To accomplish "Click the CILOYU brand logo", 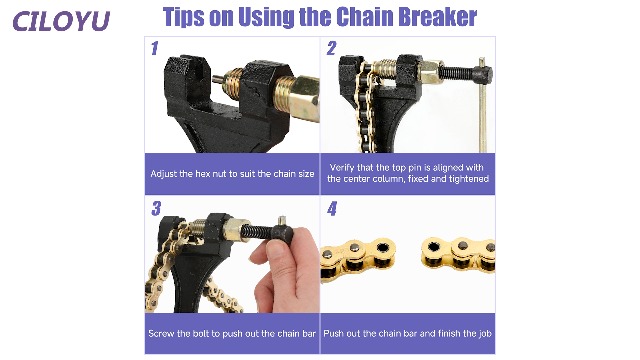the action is click(61, 21).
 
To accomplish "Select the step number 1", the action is click(154, 49).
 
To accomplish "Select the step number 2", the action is click(331, 48).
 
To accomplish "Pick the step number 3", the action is click(156, 209).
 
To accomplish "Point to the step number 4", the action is click(332, 209).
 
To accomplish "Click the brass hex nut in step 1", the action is click(304, 98).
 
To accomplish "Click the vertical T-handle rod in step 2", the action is click(482, 105).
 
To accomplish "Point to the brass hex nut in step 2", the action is click(431, 70).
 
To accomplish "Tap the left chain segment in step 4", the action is click(358, 258).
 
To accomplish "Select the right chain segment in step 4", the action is click(458, 253).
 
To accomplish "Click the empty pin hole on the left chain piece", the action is click(383, 247).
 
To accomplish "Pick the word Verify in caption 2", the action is click(342, 167).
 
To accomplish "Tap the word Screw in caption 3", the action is click(161, 333).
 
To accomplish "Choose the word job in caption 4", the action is click(485, 334).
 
